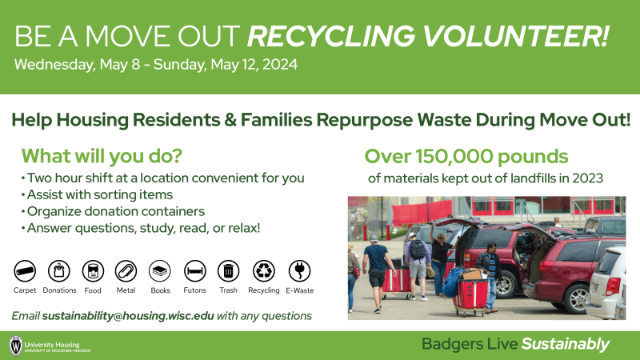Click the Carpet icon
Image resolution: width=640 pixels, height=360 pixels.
click(x=26, y=270)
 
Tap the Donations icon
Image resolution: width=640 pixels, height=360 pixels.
click(x=59, y=270)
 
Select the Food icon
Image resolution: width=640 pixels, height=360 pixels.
click(x=94, y=270)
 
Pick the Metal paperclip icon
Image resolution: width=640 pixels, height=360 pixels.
click(x=126, y=270)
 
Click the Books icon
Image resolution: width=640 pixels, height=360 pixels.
click(x=160, y=270)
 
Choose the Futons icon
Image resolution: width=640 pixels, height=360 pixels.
click(x=194, y=270)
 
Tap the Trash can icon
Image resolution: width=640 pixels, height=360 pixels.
click(x=228, y=270)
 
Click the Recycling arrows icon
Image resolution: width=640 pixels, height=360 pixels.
click(x=263, y=270)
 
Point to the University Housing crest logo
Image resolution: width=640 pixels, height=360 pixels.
click(x=15, y=346)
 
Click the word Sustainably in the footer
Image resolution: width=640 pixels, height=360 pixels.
click(x=566, y=345)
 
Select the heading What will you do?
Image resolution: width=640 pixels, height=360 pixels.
click(x=102, y=155)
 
